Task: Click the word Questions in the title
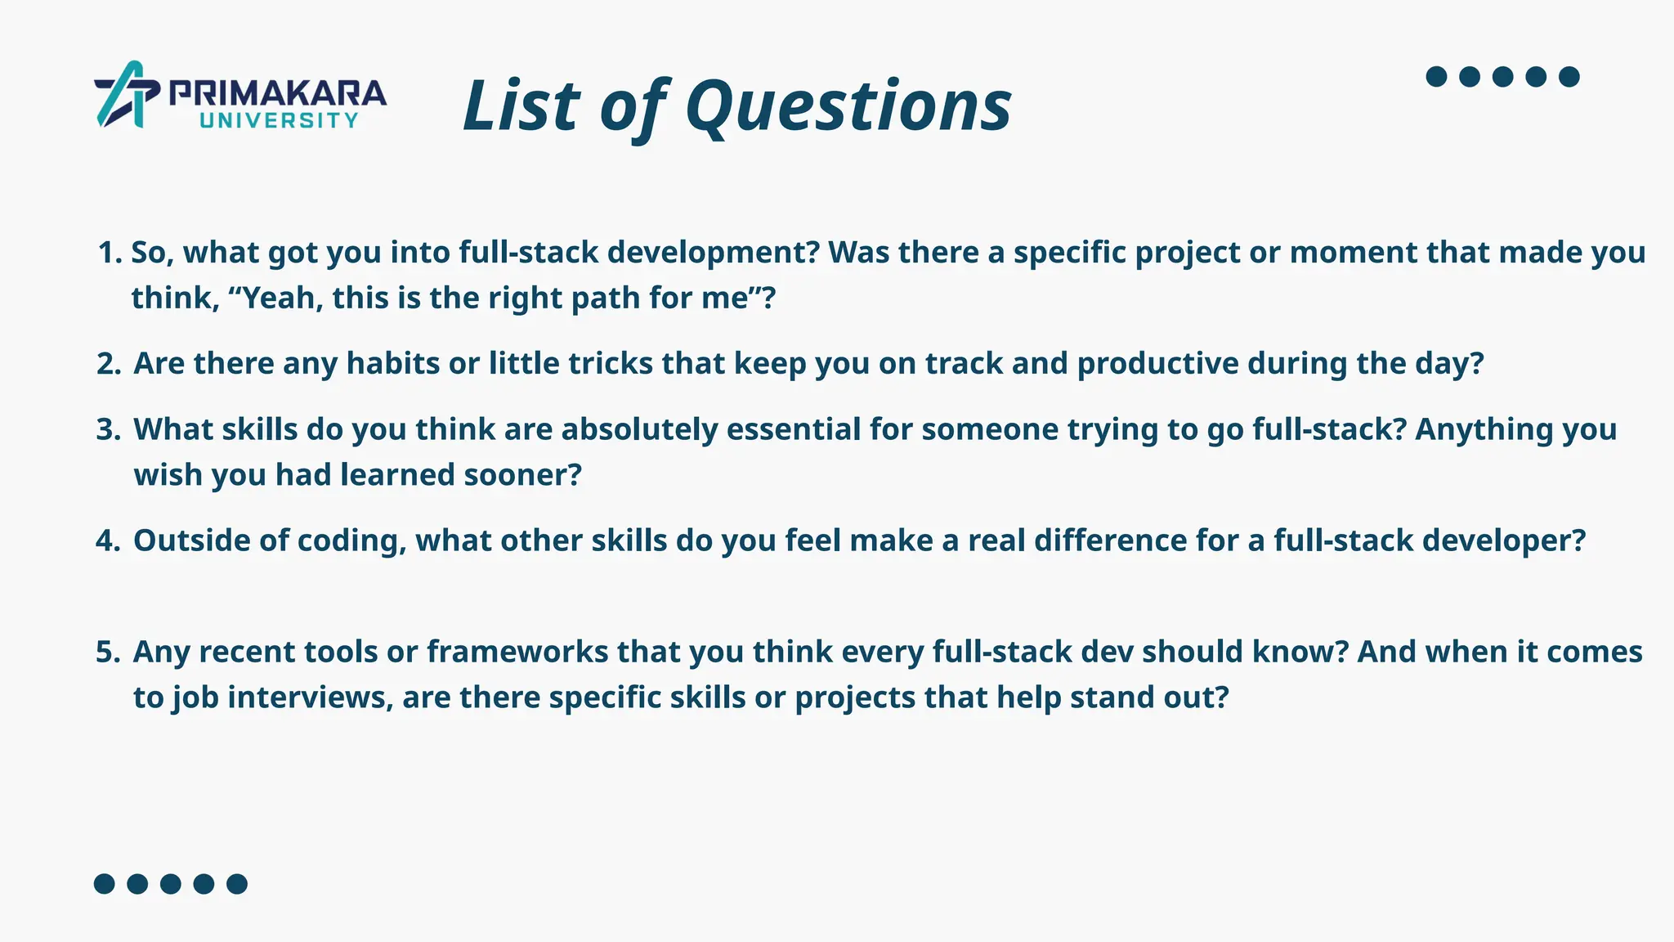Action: [848, 106]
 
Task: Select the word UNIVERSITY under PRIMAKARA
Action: [279, 121]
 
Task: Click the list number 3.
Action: [108, 429]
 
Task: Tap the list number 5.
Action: [108, 652]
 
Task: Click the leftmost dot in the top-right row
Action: [1436, 77]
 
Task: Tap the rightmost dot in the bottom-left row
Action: [237, 884]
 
